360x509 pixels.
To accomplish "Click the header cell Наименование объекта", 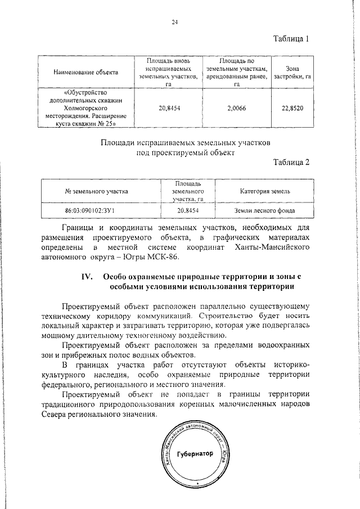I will point(85,72).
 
